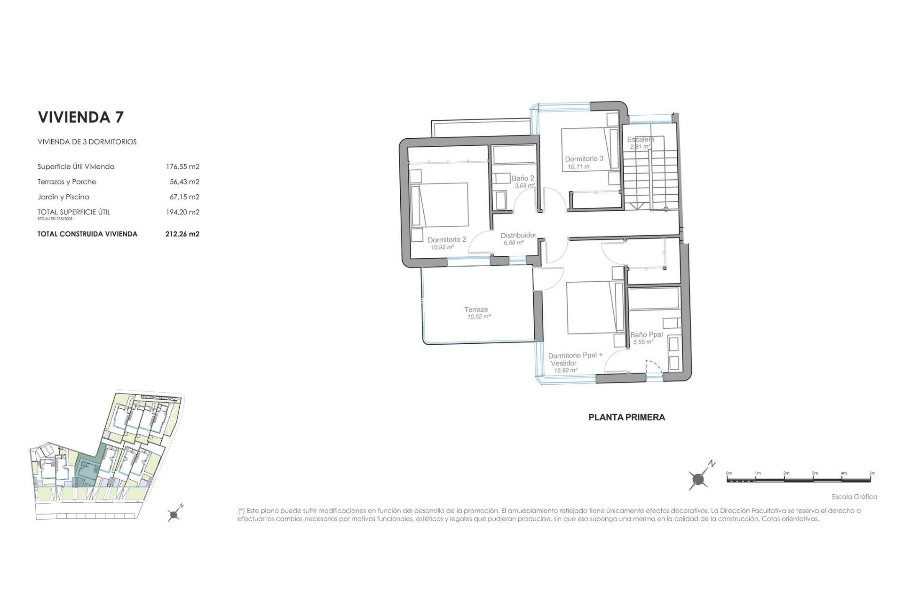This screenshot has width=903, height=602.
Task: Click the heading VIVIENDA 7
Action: tap(80, 117)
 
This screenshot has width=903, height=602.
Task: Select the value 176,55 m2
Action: tap(182, 166)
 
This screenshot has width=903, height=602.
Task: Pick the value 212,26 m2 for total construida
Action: tap(182, 234)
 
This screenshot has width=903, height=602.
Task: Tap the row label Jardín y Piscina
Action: tap(63, 197)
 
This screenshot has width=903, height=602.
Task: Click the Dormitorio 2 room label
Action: tap(446, 240)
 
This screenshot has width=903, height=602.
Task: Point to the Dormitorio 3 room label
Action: tap(584, 159)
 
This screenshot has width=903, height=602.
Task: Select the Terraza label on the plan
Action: tap(476, 309)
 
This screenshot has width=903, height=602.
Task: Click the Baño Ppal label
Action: tap(646, 335)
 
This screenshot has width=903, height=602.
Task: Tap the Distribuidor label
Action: tap(518, 235)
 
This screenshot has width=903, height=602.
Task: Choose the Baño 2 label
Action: tap(523, 179)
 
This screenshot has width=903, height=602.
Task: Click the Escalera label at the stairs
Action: tap(641, 140)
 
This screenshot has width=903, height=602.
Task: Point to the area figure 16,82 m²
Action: tap(565, 371)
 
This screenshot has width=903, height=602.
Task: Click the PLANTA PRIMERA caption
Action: tap(626, 417)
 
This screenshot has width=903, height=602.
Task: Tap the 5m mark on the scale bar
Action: tap(872, 473)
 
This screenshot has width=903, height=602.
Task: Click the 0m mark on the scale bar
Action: tap(729, 473)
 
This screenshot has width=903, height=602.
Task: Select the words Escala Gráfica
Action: tap(854, 497)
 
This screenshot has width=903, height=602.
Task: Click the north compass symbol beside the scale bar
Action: tap(699, 480)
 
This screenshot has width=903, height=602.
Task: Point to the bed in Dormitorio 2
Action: tap(440, 206)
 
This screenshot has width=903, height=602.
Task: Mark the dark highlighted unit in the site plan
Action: tap(87, 470)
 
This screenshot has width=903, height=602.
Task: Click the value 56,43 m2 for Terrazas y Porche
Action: tap(184, 182)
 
